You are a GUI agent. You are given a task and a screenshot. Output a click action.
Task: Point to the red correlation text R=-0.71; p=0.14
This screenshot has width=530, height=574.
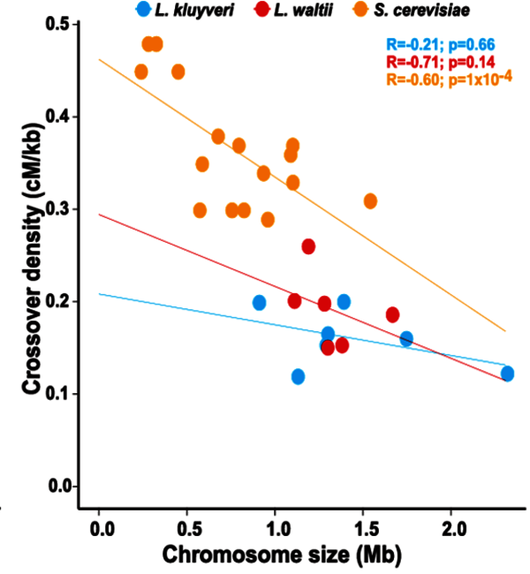(x=440, y=62)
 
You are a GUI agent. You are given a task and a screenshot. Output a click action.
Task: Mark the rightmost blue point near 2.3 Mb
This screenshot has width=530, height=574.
(x=507, y=374)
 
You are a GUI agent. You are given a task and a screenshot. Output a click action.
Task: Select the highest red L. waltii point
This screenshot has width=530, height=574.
(x=308, y=246)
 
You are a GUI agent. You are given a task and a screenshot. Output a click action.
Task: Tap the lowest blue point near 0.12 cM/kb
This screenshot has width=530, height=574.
(x=298, y=376)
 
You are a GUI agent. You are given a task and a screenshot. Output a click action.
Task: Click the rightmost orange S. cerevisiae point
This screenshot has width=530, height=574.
(x=370, y=201)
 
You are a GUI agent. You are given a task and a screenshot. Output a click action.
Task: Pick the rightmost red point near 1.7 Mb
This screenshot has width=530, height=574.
(x=392, y=314)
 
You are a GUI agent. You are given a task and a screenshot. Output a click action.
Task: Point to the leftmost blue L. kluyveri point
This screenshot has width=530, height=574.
(x=259, y=303)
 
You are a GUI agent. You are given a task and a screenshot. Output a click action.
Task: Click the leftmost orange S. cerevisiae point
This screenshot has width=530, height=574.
(x=141, y=72)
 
